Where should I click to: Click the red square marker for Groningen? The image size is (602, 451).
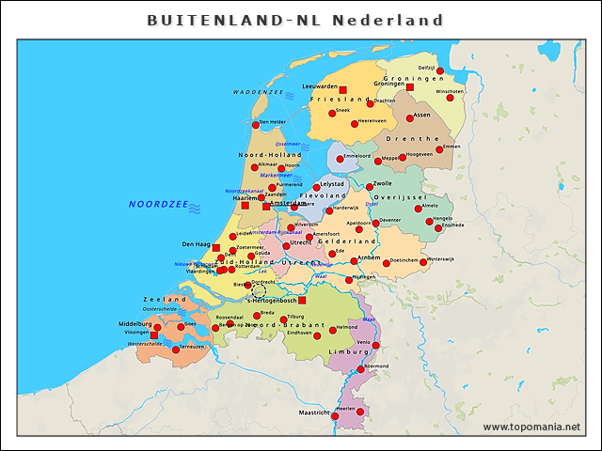410,86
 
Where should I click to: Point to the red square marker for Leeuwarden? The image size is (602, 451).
342,90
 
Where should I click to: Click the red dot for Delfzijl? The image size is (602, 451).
439,70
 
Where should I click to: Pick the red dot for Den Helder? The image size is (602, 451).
255,124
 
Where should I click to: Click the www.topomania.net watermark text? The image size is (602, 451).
531,428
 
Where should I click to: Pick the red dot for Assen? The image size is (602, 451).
410,118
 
